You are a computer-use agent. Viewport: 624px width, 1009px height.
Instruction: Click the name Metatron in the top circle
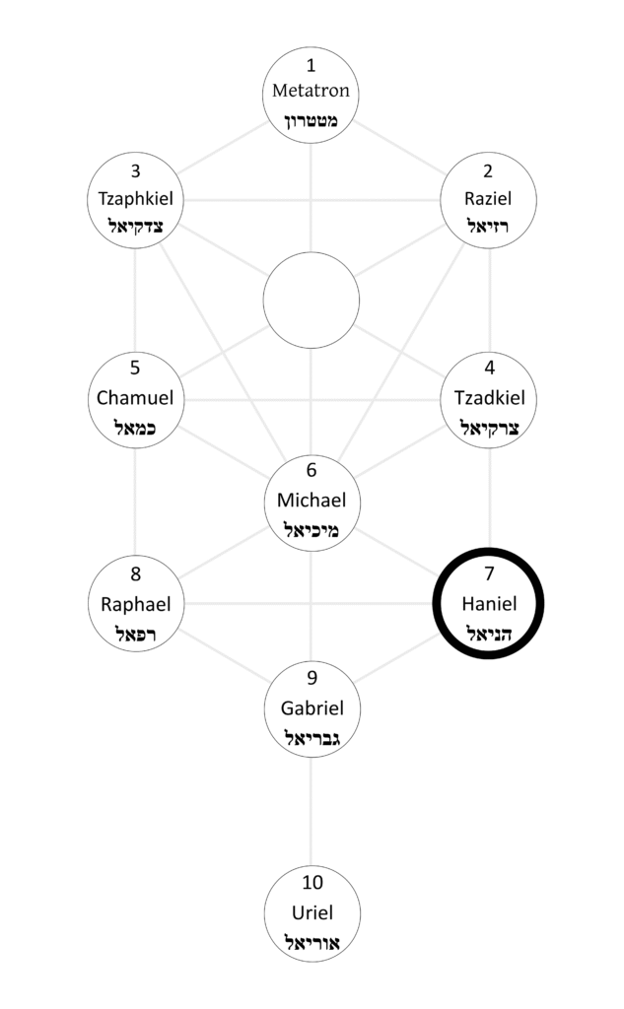click(312, 92)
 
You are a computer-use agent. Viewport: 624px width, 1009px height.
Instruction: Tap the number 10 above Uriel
click(312, 882)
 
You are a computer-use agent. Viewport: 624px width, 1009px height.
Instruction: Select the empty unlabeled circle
click(312, 300)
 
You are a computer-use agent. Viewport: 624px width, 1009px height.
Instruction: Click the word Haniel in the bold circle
click(489, 603)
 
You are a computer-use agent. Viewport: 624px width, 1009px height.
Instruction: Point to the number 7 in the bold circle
click(489, 573)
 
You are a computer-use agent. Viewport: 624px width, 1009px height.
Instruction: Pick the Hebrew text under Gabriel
click(312, 738)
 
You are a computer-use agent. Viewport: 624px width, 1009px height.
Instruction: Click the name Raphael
click(135, 603)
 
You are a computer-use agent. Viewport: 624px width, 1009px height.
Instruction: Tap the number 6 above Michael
click(312, 471)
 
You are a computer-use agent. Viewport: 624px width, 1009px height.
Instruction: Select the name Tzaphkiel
click(135, 199)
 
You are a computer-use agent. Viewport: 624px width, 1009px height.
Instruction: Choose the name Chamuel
click(135, 399)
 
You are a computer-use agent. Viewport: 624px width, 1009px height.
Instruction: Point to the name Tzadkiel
click(489, 399)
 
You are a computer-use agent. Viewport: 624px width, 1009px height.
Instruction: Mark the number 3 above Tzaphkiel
click(135, 169)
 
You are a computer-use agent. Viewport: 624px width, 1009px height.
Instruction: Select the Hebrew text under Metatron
click(312, 121)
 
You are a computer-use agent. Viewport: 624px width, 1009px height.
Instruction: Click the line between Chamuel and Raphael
click(135, 501)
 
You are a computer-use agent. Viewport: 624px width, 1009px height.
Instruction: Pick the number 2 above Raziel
click(489, 169)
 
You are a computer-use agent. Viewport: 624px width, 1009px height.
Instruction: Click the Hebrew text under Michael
click(312, 530)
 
